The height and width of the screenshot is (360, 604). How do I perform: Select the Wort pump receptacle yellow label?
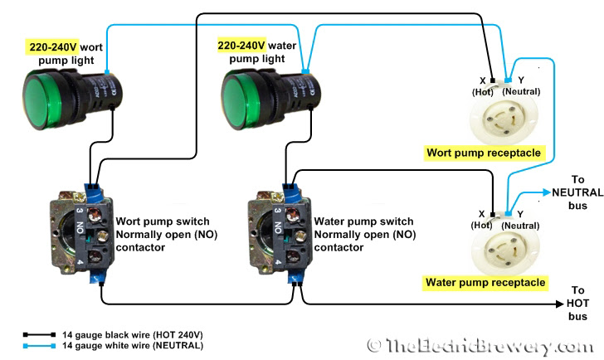(x=484, y=153)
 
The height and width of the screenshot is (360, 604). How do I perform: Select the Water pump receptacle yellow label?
(x=485, y=283)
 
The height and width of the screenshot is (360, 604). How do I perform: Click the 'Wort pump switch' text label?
(x=162, y=221)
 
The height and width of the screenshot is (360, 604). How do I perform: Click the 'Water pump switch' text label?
(x=363, y=221)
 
